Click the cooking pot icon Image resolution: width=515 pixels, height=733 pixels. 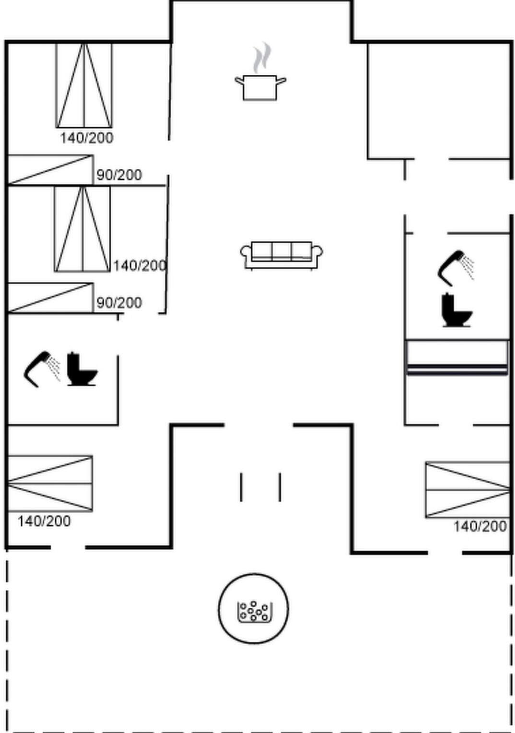[260, 87]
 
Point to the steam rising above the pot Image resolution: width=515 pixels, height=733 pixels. [262, 57]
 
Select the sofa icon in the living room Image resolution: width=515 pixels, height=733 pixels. [281, 256]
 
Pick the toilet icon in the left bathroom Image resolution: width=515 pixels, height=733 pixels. [82, 369]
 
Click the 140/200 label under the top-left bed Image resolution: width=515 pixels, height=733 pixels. [87, 138]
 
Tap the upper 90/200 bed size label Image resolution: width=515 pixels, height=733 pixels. [119, 175]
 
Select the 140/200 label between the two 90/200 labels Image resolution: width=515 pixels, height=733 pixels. [140, 266]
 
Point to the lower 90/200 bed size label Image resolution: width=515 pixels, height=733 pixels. [119, 303]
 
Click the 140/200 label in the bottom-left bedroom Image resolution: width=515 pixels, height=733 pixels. [44, 521]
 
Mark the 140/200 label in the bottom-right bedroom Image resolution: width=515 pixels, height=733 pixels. [480, 527]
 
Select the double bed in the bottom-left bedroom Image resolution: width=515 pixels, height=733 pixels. [50, 484]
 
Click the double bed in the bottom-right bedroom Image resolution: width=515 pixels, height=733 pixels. [468, 490]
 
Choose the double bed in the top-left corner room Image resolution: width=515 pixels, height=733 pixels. [84, 85]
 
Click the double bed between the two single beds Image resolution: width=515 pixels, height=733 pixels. [82, 229]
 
